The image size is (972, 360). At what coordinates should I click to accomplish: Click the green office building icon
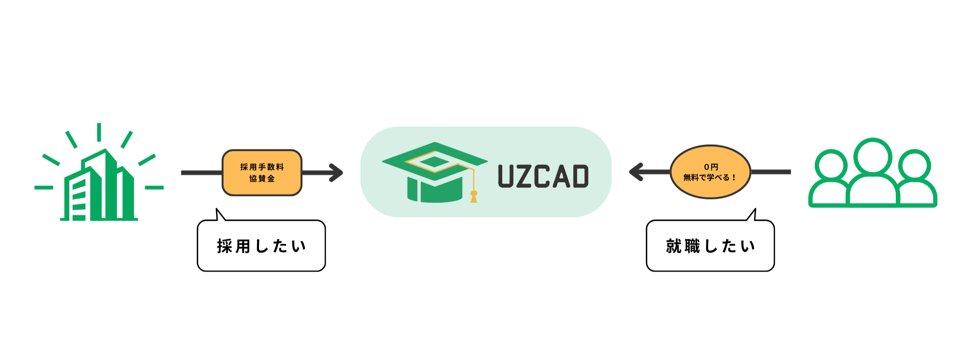point(100,185)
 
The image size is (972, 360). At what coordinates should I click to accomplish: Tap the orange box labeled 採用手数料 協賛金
point(262,173)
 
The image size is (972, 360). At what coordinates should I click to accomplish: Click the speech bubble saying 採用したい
point(261,245)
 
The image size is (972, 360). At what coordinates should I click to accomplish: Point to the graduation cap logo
point(435,172)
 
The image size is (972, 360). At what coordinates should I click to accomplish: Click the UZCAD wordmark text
point(543,176)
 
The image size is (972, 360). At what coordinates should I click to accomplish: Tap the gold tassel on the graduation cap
point(474,197)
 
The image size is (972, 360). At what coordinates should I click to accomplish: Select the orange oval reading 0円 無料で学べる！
point(710,172)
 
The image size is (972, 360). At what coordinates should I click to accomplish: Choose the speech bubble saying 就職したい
point(710,245)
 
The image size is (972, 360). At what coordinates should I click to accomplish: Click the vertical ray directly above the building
point(99,132)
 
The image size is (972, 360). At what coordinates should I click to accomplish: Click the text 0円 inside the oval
point(711,167)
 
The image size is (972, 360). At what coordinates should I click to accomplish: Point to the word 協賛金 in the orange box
point(262,178)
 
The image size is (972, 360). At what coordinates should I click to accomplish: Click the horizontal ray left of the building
point(44,187)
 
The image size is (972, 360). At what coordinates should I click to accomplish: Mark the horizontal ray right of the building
point(154,187)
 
